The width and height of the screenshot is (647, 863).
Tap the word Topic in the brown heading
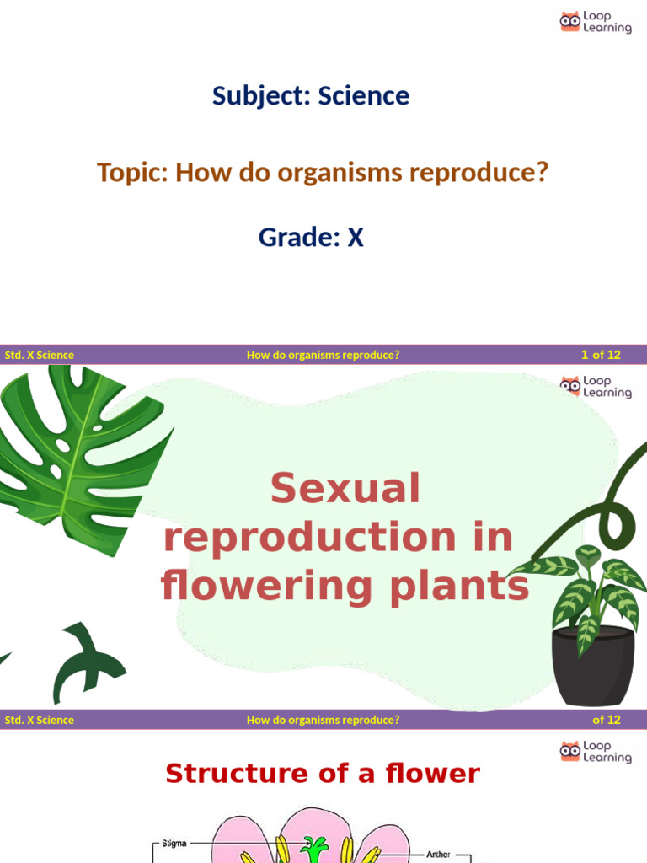[132, 173]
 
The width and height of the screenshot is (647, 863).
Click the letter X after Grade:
[356, 238]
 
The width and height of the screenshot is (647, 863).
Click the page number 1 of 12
[600, 355]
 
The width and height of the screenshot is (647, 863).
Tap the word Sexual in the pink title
[345, 489]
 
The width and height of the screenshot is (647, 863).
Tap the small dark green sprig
[84, 662]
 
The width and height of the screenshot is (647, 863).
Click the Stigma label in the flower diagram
[174, 842]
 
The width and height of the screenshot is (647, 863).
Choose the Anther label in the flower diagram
[438, 854]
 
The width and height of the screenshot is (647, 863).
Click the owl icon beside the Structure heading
[570, 752]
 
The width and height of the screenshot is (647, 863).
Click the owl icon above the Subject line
[570, 22]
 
